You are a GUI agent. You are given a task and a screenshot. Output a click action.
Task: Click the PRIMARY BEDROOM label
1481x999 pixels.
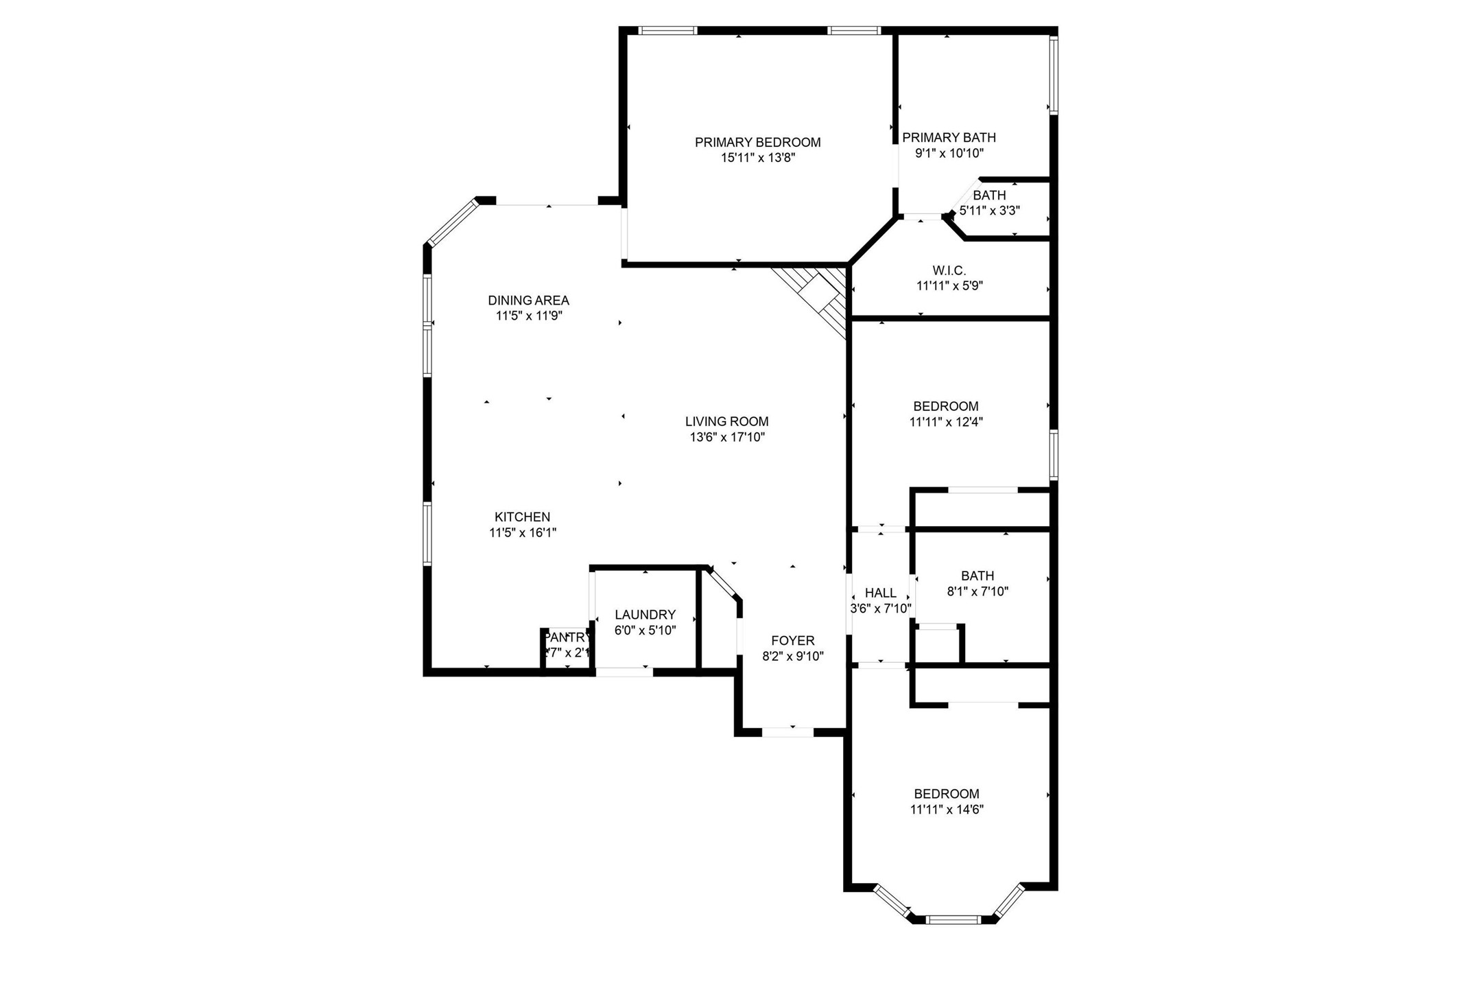tap(757, 142)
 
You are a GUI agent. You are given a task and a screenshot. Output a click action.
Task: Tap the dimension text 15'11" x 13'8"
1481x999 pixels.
tap(757, 158)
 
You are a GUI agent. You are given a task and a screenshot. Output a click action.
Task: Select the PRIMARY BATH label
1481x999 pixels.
tap(949, 137)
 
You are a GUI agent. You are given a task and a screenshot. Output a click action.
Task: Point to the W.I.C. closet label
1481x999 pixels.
tap(949, 270)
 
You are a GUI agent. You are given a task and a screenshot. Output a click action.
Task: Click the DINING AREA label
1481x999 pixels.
tap(528, 300)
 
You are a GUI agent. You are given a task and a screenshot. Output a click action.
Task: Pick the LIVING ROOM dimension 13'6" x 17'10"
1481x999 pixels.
tap(727, 437)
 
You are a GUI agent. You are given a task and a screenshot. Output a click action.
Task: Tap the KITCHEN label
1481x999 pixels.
tap(522, 517)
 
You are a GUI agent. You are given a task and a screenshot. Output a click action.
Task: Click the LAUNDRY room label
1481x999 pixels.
tap(645, 615)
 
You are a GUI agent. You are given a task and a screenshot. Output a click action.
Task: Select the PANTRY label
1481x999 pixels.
tap(567, 637)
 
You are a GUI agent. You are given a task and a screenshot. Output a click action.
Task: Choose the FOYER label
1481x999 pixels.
tap(793, 640)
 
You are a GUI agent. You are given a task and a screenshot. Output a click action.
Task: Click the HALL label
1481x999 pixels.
tap(880, 593)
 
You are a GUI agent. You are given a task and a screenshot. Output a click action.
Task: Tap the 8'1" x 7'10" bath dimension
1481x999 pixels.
tap(978, 591)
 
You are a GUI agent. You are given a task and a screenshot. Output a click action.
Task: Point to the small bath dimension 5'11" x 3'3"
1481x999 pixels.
tap(989, 211)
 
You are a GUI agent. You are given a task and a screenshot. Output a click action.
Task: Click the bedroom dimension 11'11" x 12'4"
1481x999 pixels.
tap(946, 422)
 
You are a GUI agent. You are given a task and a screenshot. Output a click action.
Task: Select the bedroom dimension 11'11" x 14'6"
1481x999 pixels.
tap(947, 810)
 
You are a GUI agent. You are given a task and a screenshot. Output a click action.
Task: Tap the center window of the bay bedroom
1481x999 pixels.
tap(953, 919)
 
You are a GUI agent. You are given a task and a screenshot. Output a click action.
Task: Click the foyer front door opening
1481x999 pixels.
tap(787, 732)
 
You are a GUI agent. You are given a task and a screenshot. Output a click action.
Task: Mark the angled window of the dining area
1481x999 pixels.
tap(451, 222)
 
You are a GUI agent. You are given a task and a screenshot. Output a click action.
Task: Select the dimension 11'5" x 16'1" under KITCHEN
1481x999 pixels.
tap(522, 532)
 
